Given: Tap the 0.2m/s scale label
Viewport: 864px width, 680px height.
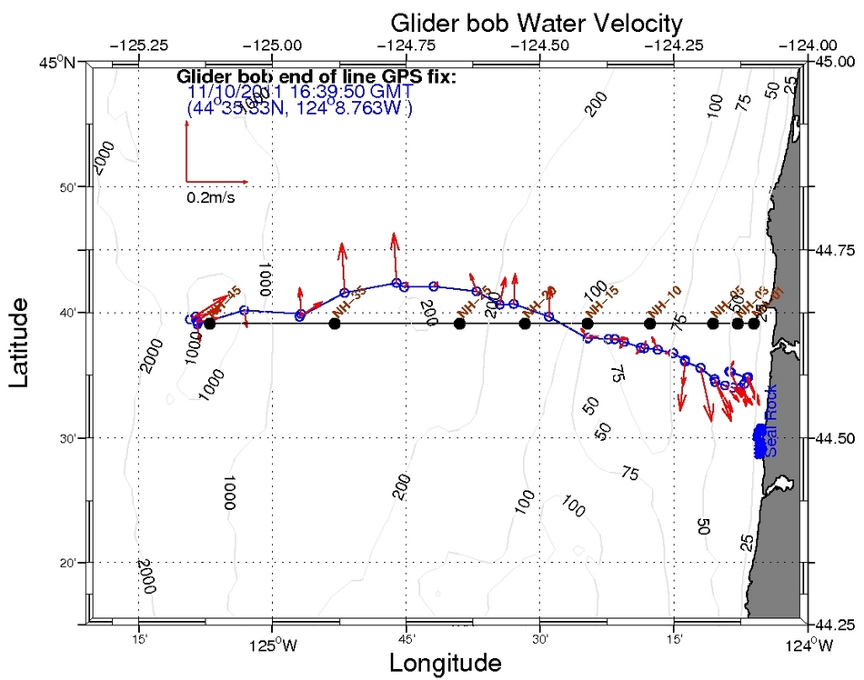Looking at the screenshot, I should point(210,196).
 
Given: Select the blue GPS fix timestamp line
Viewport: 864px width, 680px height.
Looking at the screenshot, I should point(299,92).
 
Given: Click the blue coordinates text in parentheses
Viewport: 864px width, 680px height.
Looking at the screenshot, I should point(299,108).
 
